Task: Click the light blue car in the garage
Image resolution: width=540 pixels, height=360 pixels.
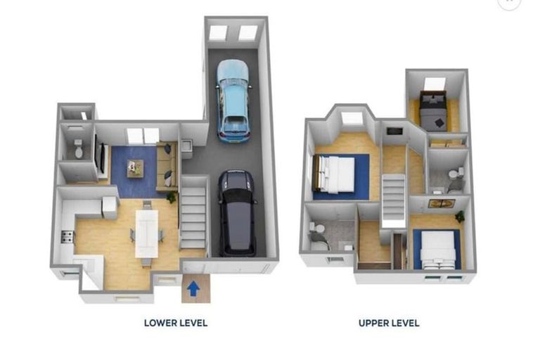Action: tap(233, 100)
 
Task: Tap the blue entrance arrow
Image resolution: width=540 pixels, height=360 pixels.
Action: tap(195, 287)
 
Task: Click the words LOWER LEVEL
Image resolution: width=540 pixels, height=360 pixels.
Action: tap(175, 323)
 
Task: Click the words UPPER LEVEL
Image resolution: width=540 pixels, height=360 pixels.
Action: tap(388, 323)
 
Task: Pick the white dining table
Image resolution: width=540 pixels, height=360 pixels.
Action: tap(147, 231)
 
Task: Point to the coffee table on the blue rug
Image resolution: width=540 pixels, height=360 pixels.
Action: tap(134, 167)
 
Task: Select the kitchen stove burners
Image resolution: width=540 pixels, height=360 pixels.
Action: tap(67, 236)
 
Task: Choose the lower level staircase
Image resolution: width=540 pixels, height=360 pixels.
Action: tap(192, 212)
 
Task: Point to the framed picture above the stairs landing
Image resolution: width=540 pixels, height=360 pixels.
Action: tap(442, 205)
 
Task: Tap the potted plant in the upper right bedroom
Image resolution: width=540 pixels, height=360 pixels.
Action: tap(459, 217)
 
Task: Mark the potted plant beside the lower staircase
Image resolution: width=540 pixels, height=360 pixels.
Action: tap(171, 198)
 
